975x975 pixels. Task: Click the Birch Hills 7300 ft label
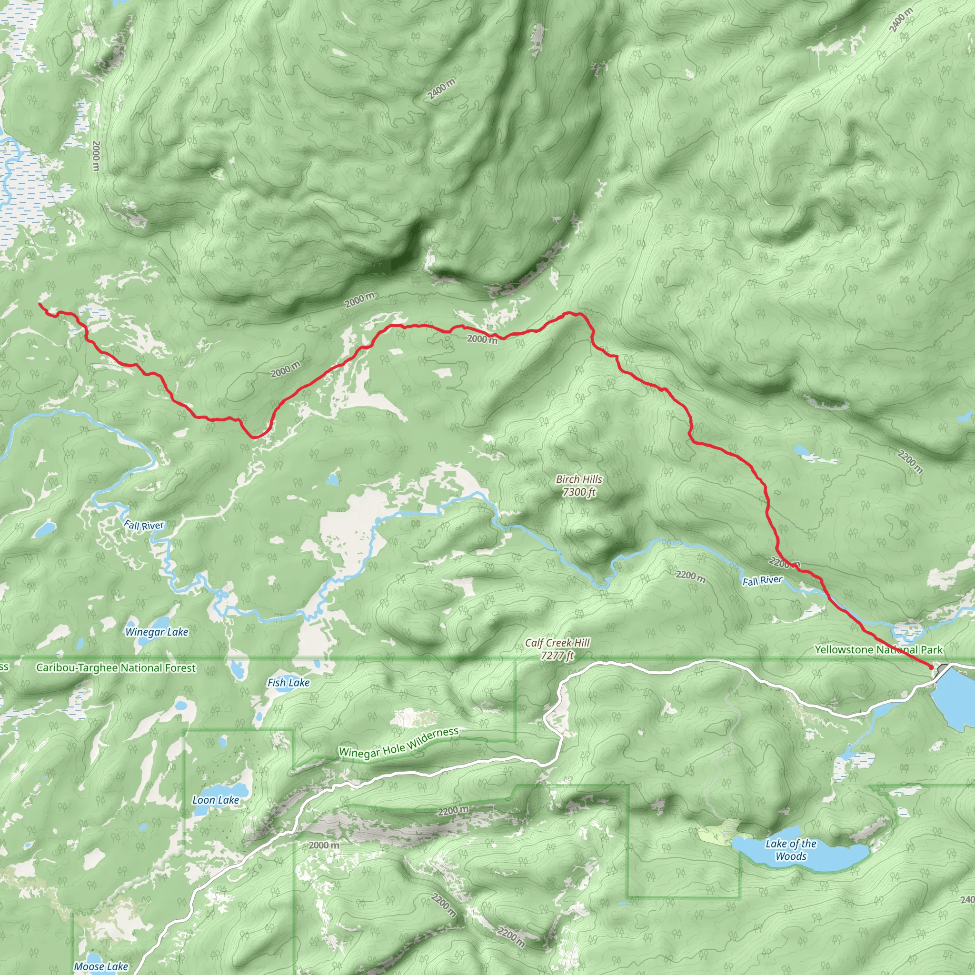(579, 486)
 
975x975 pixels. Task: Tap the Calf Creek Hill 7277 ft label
(557, 649)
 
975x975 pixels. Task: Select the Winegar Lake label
(157, 632)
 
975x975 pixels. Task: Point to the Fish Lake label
(288, 683)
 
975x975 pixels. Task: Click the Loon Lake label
(216, 800)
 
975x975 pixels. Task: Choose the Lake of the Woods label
(791, 850)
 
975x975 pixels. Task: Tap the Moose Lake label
(101, 966)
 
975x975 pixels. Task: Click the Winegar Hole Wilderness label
(398, 742)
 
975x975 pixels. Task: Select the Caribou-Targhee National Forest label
(116, 667)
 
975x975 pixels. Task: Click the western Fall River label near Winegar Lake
(144, 526)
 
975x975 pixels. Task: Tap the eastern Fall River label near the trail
(762, 581)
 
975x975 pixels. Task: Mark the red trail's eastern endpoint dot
(931, 667)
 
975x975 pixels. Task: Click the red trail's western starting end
(40, 304)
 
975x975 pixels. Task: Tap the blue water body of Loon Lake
(229, 790)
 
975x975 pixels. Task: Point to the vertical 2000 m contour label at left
(96, 155)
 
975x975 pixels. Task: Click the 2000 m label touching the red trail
(482, 339)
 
